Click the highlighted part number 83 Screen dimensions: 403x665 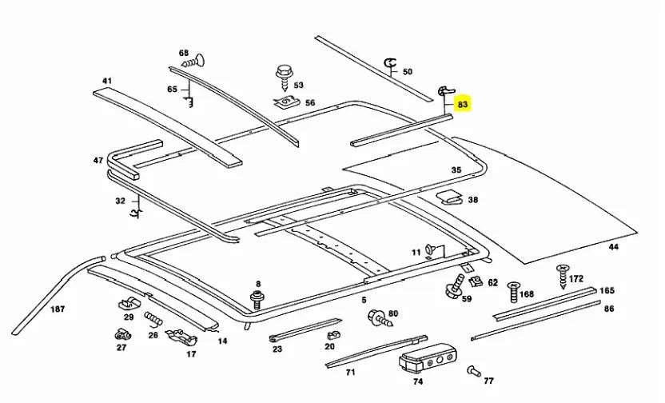(x=463, y=104)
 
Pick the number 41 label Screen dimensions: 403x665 (x=106, y=81)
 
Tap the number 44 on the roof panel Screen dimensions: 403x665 (x=613, y=247)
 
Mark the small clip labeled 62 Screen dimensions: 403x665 (x=475, y=281)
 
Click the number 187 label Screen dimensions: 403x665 (x=58, y=309)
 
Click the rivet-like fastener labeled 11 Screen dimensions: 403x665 (x=432, y=249)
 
